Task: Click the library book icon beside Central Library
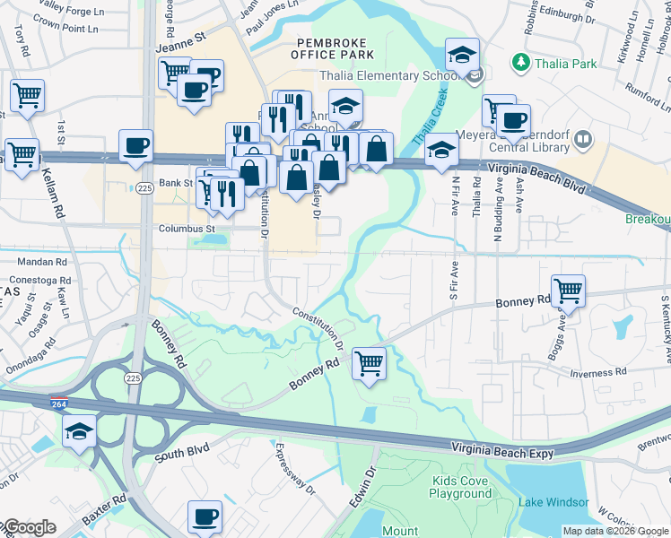[583, 139]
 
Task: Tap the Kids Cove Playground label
[460, 487]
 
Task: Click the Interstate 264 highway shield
[59, 404]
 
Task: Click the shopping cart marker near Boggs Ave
[568, 291]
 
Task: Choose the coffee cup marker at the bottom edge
[205, 517]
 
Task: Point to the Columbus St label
[182, 229]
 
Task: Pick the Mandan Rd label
[43, 263]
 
